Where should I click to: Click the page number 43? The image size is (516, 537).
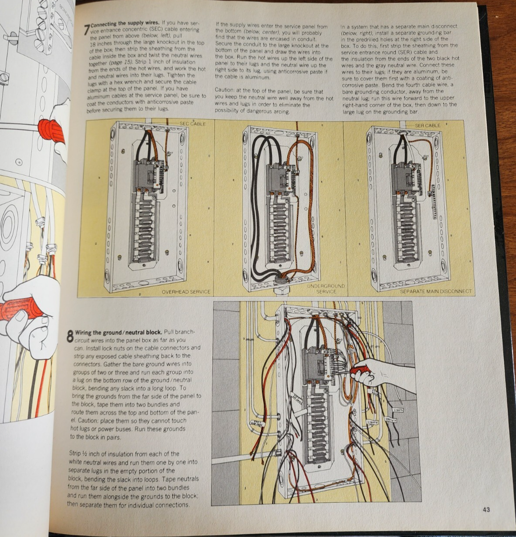[x=486, y=509]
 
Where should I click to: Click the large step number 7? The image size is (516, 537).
[x=87, y=29]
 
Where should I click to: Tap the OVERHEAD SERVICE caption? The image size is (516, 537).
[x=186, y=292]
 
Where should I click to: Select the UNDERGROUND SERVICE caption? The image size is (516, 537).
[x=326, y=289]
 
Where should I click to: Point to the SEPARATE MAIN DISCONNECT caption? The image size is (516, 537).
[x=435, y=291]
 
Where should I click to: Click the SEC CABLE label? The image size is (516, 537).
[x=192, y=124]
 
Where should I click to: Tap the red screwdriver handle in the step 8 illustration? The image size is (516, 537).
[x=360, y=370]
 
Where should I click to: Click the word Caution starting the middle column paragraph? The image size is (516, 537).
[x=224, y=91]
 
